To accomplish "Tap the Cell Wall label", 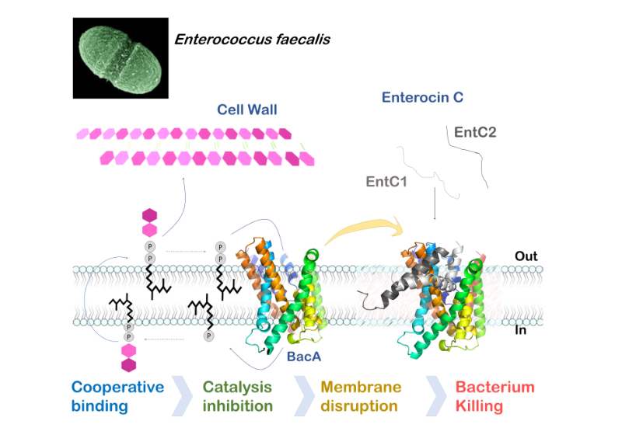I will click(248, 110).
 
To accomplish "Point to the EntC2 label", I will click(475, 132).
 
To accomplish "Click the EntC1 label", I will click(386, 181).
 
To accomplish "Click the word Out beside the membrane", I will click(526, 256).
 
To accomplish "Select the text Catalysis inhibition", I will click(237, 396).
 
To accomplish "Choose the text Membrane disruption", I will click(361, 396).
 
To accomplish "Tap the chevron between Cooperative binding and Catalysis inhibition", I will click(180, 396).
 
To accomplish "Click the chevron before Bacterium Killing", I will click(436, 396).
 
